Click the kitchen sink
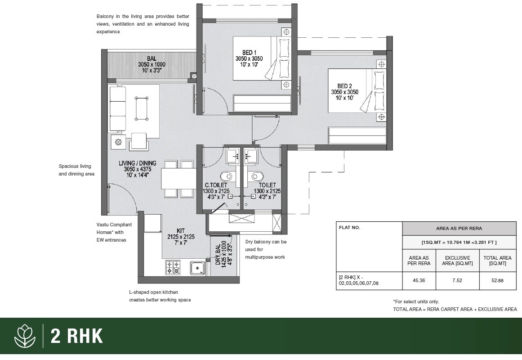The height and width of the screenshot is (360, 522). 197,269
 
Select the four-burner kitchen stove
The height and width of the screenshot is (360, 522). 173,267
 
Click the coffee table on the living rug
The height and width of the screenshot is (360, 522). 142,108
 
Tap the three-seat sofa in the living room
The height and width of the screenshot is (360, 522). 118,108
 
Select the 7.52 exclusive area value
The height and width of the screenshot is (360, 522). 457,280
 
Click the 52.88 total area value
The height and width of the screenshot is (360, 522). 497,280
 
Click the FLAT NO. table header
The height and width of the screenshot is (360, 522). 350,228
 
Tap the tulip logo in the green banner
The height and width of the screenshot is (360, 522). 25,336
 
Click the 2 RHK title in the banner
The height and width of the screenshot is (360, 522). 77,336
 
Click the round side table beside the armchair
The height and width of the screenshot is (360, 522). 118,142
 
